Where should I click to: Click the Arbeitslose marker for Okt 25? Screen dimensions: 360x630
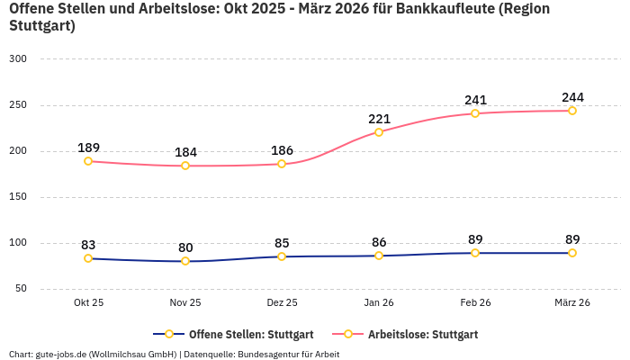tap(88, 161)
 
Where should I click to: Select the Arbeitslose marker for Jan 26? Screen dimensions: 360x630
tap(379, 132)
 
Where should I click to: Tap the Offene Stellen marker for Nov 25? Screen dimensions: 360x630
tap(185, 261)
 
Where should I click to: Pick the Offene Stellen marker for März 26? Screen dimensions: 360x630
tap(572, 253)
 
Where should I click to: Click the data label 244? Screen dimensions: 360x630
tap(572, 97)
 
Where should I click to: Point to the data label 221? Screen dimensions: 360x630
tap(379, 119)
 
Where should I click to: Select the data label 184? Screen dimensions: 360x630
tap(185, 152)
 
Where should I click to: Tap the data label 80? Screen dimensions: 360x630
tap(185, 247)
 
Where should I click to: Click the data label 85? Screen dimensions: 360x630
tap(282, 243)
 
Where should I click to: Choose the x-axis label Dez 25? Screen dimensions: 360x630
tap(282, 303)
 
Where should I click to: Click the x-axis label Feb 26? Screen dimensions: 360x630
tap(475, 303)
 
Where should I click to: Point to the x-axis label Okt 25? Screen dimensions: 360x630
tap(88, 303)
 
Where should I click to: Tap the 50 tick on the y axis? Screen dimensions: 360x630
tap(21, 289)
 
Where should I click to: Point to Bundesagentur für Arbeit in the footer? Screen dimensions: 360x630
tap(288, 354)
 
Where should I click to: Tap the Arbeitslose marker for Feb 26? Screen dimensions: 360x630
tap(475, 113)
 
